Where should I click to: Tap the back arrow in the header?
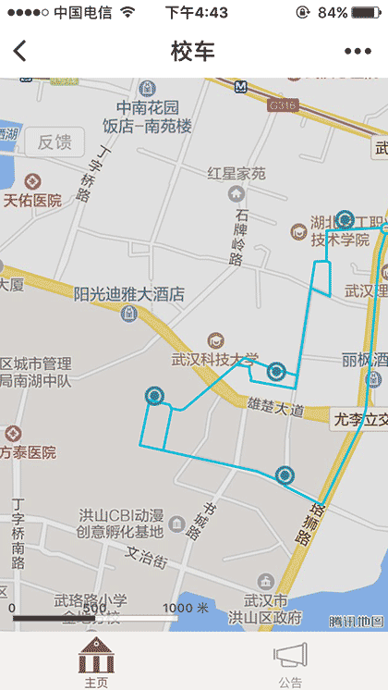click(x=20, y=52)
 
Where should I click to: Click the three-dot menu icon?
click(x=358, y=52)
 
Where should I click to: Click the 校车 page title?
click(x=193, y=52)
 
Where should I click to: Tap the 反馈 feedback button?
click(x=55, y=142)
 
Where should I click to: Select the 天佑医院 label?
click(x=32, y=200)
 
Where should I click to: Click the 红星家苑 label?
click(x=236, y=173)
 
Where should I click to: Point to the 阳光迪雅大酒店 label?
click(x=129, y=295)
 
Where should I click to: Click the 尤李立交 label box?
click(x=358, y=419)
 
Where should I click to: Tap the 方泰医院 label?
click(x=28, y=452)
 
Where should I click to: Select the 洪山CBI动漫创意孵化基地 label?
click(x=120, y=524)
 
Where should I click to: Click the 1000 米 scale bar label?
click(x=186, y=608)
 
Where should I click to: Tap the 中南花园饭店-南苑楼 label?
click(x=147, y=116)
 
